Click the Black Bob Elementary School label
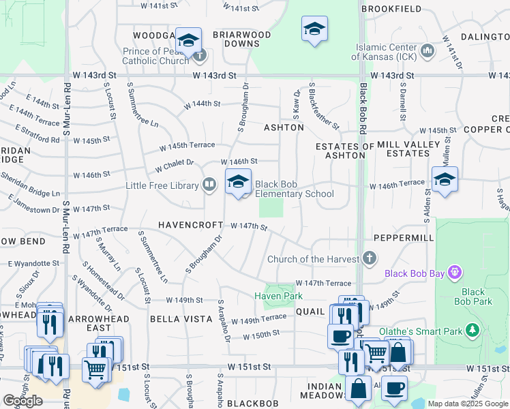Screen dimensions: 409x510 point(295,189)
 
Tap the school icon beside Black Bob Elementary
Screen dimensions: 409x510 point(238,182)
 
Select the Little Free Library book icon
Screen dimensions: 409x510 point(209,184)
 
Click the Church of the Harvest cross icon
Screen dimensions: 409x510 point(370,258)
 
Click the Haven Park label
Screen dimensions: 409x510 point(278,296)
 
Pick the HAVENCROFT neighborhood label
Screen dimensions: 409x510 point(190,225)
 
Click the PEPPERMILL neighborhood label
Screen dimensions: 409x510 point(404,237)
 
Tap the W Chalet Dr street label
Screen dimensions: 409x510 point(175,165)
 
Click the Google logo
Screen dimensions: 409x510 point(22,401)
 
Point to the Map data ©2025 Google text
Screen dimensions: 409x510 point(467,404)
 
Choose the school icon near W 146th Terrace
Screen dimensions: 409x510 point(445,179)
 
